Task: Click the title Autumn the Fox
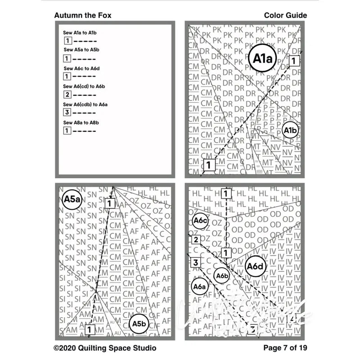pyautogui.click(x=83, y=15)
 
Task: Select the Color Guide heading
pyautogui.click(x=285, y=15)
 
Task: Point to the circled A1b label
pyautogui.click(x=290, y=130)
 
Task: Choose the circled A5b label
pyautogui.click(x=139, y=324)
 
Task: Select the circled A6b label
pyautogui.click(x=222, y=275)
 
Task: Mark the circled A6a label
pyautogui.click(x=199, y=286)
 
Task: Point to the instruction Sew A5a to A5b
pyautogui.click(x=81, y=50)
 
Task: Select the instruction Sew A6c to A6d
pyautogui.click(x=81, y=68)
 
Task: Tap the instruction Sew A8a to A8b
pyautogui.click(x=81, y=122)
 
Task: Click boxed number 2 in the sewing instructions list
pyautogui.click(x=67, y=94)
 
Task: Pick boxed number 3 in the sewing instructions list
pyautogui.click(x=67, y=112)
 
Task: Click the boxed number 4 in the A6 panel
pyautogui.click(x=292, y=319)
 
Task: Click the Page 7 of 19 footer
pyautogui.click(x=285, y=348)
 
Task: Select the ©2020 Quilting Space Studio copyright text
pyautogui.click(x=105, y=348)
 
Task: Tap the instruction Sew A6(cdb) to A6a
pyautogui.click(x=85, y=104)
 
